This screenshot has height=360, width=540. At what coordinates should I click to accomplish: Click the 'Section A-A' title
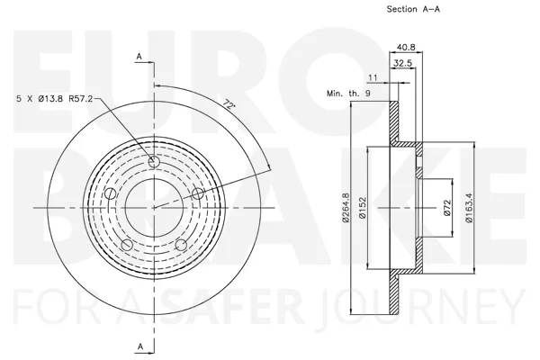[413, 9]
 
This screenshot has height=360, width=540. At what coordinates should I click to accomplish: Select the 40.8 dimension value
[406, 47]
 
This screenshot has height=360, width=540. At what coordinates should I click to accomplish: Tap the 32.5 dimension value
[402, 63]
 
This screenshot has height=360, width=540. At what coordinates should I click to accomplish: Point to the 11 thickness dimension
[373, 78]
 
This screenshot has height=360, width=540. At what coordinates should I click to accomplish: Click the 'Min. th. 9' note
[348, 93]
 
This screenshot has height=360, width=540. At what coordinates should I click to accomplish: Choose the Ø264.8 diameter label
[346, 207]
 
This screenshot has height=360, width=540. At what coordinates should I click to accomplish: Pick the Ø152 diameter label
[362, 207]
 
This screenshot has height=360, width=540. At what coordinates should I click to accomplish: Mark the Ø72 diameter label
[447, 208]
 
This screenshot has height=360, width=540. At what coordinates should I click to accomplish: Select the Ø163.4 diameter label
[469, 207]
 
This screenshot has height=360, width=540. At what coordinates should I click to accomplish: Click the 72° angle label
[229, 104]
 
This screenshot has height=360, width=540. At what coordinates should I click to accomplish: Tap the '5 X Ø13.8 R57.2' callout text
[55, 99]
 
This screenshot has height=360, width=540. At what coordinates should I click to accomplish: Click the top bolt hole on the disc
[154, 162]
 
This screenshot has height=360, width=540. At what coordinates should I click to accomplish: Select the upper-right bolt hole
[198, 193]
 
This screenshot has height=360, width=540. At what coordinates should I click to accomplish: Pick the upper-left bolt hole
[110, 193]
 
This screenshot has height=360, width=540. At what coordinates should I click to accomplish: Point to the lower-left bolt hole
[127, 245]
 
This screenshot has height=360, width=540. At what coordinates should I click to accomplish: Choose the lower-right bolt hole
[181, 245]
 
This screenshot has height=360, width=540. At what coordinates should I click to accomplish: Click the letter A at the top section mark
[139, 57]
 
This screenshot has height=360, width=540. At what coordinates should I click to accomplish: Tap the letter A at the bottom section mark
[140, 346]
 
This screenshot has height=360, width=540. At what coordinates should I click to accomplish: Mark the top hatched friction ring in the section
[393, 121]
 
